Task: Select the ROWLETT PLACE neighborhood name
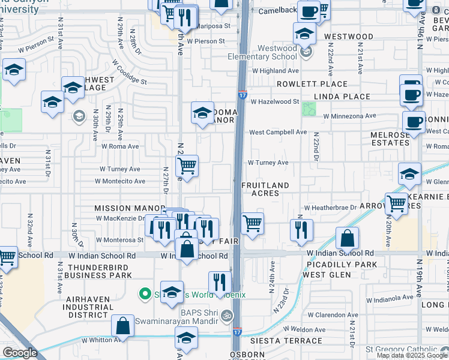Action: pyautogui.click(x=313, y=84)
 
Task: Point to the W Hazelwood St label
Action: pyautogui.click(x=275, y=102)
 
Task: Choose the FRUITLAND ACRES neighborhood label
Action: pyautogui.click(x=265, y=189)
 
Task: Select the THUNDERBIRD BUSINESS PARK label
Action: pyautogui.click(x=98, y=271)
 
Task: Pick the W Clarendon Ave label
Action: pyautogui.click(x=333, y=314)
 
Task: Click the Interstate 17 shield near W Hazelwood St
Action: pyautogui.click(x=242, y=94)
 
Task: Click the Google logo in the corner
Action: pyautogui.click(x=20, y=353)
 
